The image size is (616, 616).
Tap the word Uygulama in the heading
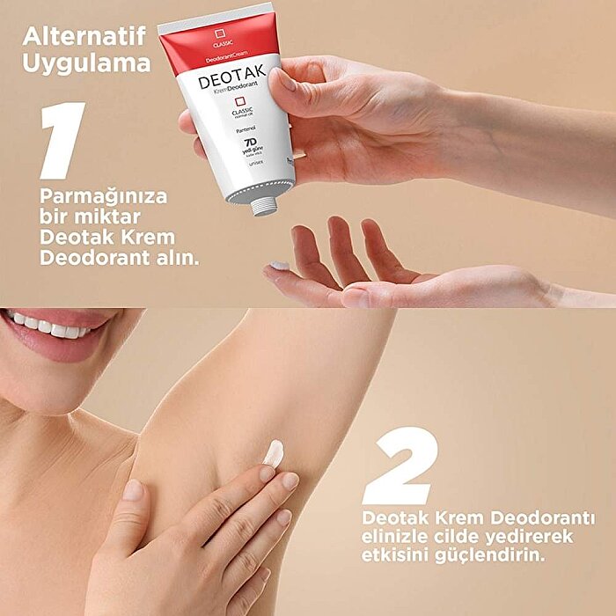point(86,64)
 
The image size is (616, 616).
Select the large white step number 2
point(400,466)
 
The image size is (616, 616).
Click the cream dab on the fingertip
point(279,265)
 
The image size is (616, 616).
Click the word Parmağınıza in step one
point(103,195)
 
